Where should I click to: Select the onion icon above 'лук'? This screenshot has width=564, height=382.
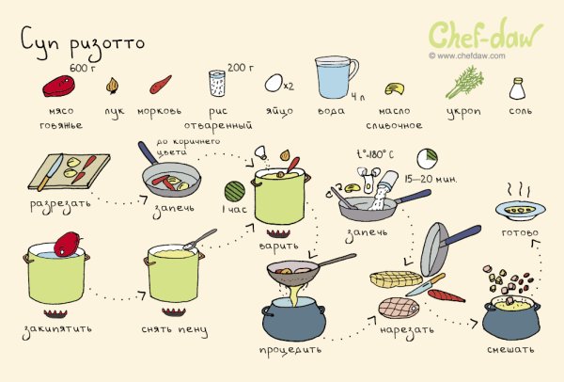(x=114, y=86)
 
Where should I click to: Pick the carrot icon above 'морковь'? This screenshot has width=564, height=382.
(x=159, y=87)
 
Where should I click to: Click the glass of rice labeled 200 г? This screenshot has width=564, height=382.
(x=216, y=83)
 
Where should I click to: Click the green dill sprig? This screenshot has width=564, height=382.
(x=463, y=83)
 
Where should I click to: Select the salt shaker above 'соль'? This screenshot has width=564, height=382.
(x=517, y=89)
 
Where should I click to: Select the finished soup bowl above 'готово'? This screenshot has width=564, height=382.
(x=520, y=209)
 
